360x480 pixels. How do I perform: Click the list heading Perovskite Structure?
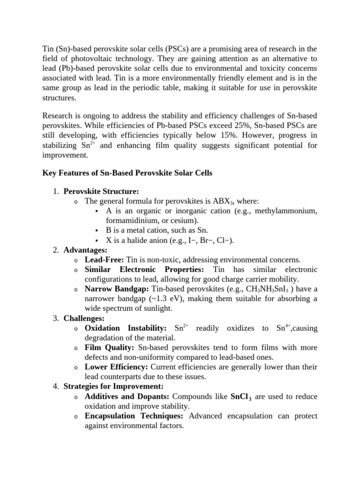(x=101, y=191)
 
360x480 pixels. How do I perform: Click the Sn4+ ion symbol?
(x=281, y=328)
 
